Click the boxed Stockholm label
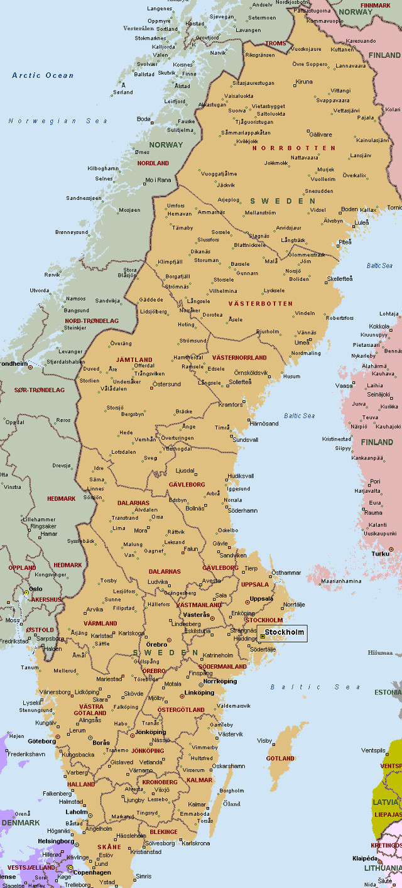(284, 632)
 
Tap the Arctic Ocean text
(43, 75)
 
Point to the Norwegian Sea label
(58, 121)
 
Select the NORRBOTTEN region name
(293, 148)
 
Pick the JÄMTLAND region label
(134, 359)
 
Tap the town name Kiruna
(303, 82)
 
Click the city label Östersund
(166, 384)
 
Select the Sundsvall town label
(246, 440)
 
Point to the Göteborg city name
(42, 741)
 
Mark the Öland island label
(232, 804)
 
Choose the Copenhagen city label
(92, 872)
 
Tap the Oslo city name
(35, 588)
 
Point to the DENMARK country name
(20, 823)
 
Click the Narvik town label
(217, 53)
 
